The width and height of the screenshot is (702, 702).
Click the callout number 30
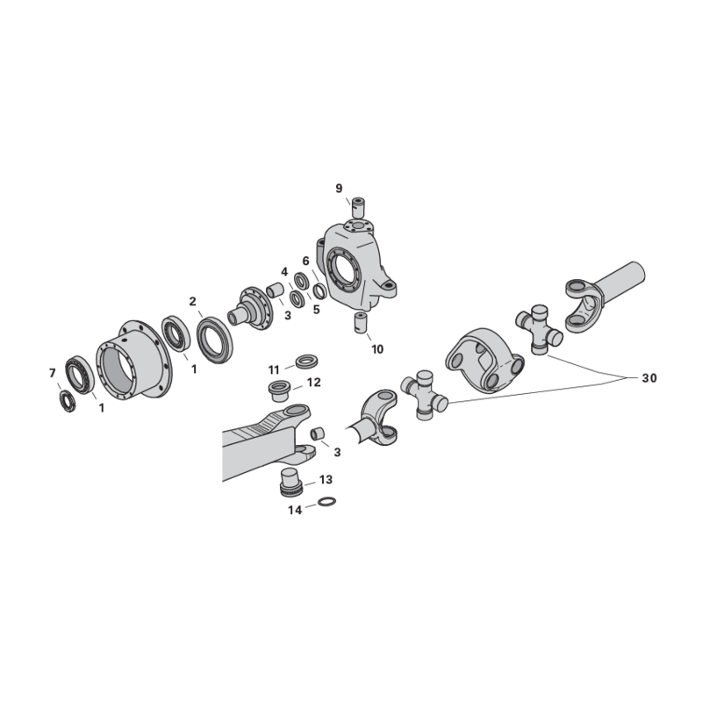click(x=649, y=378)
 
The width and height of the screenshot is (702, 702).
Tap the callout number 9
click(x=339, y=188)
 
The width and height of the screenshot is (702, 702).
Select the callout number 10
click(x=377, y=348)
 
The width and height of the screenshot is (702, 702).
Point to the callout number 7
click(x=53, y=373)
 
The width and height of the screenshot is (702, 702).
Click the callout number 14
click(x=295, y=510)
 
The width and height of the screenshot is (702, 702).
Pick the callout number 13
click(x=326, y=479)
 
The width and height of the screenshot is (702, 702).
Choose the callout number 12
click(x=314, y=383)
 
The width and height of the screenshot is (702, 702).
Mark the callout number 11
click(x=274, y=369)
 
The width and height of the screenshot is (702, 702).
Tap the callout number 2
click(x=192, y=302)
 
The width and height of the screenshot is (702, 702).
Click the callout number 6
click(x=305, y=261)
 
